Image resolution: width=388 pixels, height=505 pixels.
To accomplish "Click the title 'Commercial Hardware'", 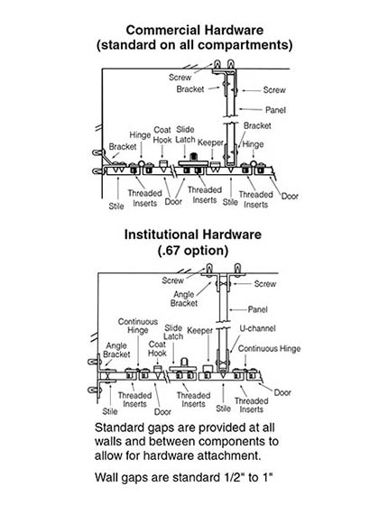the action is pos(195,30).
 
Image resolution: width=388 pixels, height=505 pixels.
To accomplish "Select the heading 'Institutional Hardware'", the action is pos(193,234).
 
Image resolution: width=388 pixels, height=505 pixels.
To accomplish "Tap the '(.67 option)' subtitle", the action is pos(193,251).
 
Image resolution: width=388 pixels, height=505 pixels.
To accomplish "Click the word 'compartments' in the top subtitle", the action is pos(246,45).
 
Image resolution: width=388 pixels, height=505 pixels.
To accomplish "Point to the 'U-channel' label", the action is pos(257,328).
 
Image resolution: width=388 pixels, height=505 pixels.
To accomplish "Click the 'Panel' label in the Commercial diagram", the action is pos(275,110).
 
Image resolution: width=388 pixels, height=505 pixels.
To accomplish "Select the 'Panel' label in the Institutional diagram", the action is pos(257,309).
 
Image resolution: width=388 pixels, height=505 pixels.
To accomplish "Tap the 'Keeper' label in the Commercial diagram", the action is pos(210,142).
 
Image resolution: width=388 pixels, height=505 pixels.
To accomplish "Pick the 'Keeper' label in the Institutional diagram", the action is pos(199,330).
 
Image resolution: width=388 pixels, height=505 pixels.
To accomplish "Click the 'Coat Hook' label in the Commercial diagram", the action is pos(162,135).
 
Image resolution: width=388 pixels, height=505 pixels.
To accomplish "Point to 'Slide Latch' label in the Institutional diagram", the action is pos(173,332).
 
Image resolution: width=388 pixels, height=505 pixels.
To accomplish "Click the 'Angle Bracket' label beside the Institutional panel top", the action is pos(184,298).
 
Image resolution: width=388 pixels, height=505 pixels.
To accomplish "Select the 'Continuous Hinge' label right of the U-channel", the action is pos(270,349).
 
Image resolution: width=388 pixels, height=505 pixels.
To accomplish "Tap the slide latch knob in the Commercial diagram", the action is pos(194,156).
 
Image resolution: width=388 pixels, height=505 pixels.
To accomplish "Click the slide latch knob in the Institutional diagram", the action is pos(185,362).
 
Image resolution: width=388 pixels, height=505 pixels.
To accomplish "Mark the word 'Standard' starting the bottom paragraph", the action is pos(121,427).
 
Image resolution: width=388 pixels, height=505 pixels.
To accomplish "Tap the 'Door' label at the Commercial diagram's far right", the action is pos(290,197).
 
